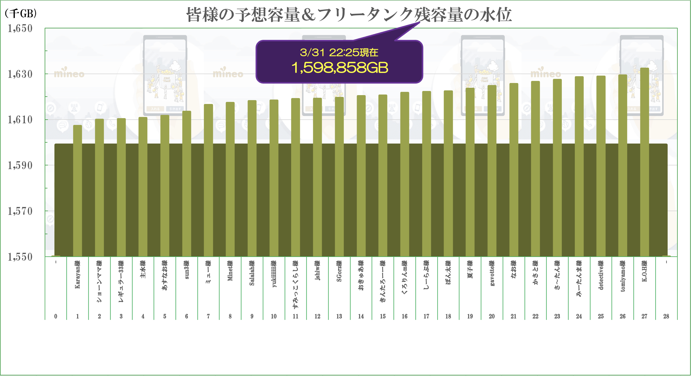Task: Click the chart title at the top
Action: pyautogui.click(x=349, y=15)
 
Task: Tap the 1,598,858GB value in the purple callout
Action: pyautogui.click(x=340, y=68)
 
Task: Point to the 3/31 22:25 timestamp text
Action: pyautogui.click(x=339, y=53)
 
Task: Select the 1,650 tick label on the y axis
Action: pyautogui.click(x=20, y=28)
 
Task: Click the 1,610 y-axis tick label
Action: pyautogui.click(x=20, y=120)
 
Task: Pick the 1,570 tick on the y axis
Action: pyautogui.click(x=20, y=211)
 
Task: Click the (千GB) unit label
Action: pyautogui.click(x=21, y=13)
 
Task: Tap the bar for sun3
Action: pyautogui.click(x=187, y=183)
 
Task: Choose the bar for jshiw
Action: pyautogui.click(x=317, y=177)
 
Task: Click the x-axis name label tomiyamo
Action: pyautogui.click(x=623, y=276)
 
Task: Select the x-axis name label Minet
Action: pyautogui.click(x=230, y=271)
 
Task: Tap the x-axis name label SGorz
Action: pyautogui.click(x=339, y=271)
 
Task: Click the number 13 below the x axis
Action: pyautogui.click(x=339, y=316)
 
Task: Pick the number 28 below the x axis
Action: pyautogui.click(x=666, y=316)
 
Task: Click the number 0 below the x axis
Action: pyautogui.click(x=56, y=316)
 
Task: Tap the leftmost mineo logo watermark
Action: pyautogui.click(x=69, y=73)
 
